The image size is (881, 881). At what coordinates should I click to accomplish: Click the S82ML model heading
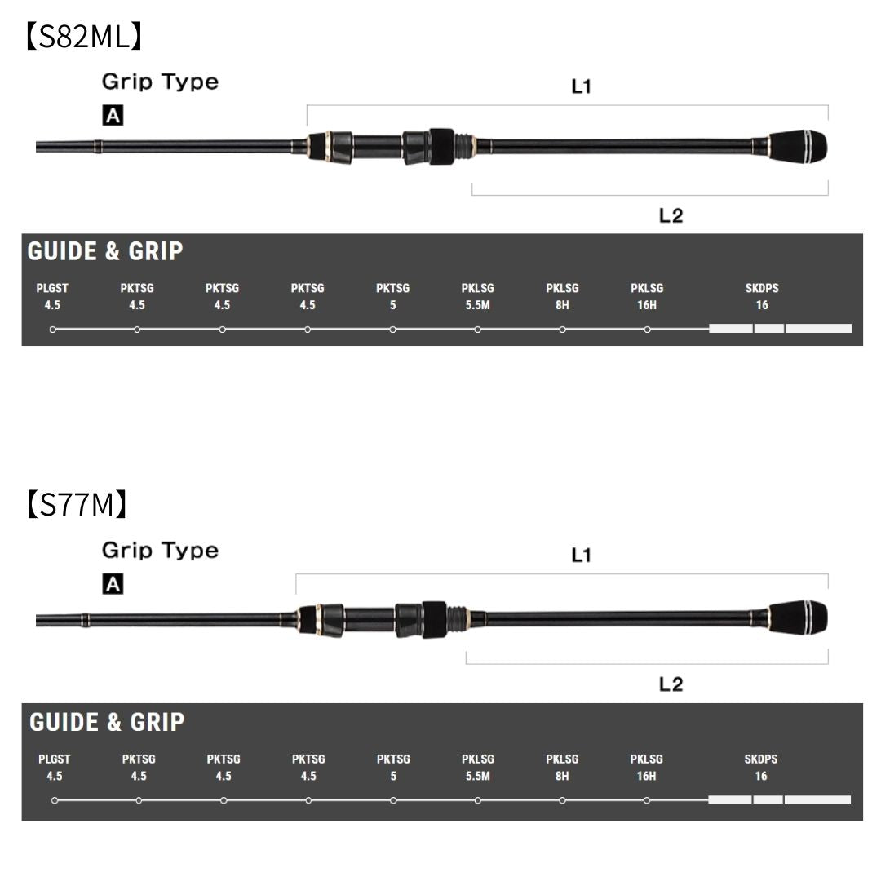[84, 37]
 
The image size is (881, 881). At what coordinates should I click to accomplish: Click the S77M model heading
[77, 504]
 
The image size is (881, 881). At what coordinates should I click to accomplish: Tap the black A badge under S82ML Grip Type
[113, 116]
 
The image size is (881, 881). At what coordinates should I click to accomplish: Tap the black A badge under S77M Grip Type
[113, 584]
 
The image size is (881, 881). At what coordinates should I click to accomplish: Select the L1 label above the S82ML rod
[581, 86]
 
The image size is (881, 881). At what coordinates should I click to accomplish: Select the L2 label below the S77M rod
[671, 684]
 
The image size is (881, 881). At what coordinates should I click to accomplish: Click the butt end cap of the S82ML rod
[798, 146]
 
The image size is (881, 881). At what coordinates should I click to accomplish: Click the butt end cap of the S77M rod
[798, 618]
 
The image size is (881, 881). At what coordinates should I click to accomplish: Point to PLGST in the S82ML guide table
[52, 288]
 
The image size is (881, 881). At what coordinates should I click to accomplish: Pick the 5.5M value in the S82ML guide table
[477, 305]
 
